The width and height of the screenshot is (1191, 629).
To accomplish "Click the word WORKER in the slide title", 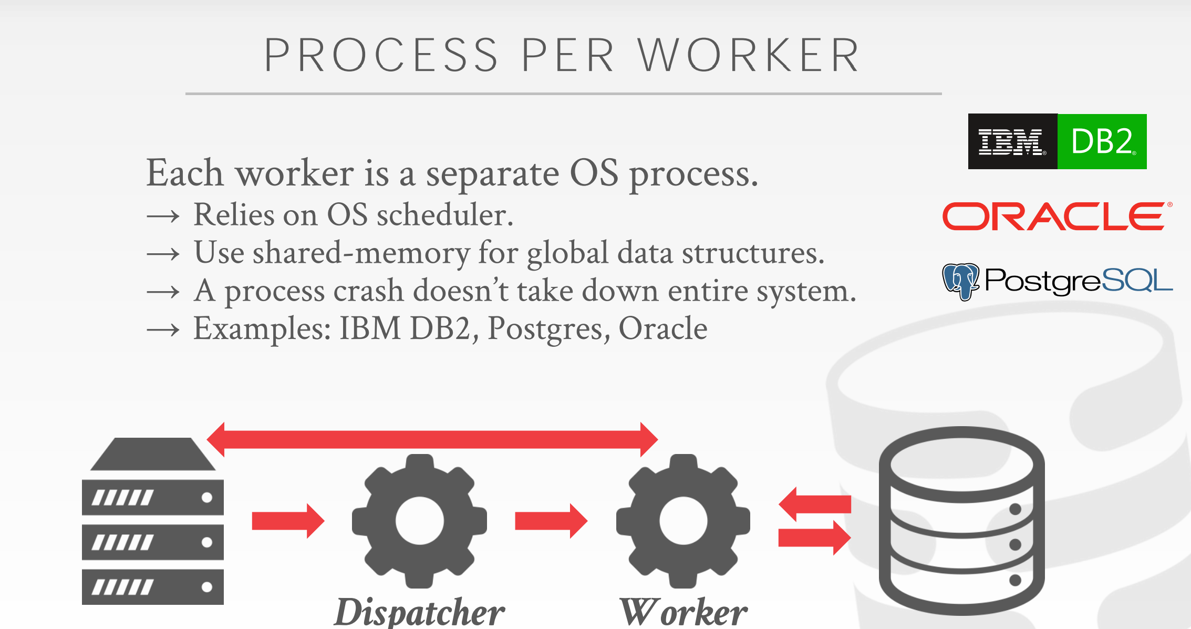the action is (x=749, y=55).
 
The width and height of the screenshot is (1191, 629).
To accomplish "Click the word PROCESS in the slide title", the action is (x=381, y=55).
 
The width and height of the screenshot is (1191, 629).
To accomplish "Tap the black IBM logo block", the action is (x=1012, y=141).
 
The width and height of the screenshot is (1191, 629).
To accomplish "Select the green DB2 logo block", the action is (x=1102, y=141).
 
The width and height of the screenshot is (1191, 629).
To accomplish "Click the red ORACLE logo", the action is (x=1056, y=216).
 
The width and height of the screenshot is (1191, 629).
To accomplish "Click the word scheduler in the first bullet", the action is (x=444, y=215).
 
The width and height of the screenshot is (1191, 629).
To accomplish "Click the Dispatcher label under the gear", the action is (x=419, y=612).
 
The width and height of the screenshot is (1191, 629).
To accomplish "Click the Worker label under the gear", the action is (x=683, y=612).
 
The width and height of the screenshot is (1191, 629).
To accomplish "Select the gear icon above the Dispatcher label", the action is (x=419, y=521).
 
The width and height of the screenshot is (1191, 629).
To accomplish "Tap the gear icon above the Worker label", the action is (x=683, y=521).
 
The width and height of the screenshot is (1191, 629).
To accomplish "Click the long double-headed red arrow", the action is (x=432, y=439).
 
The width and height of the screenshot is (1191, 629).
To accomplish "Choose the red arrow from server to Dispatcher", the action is (x=288, y=521).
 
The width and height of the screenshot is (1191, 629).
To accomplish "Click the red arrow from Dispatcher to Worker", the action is (x=551, y=521).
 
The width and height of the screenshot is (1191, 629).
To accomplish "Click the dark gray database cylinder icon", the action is (x=961, y=520).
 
